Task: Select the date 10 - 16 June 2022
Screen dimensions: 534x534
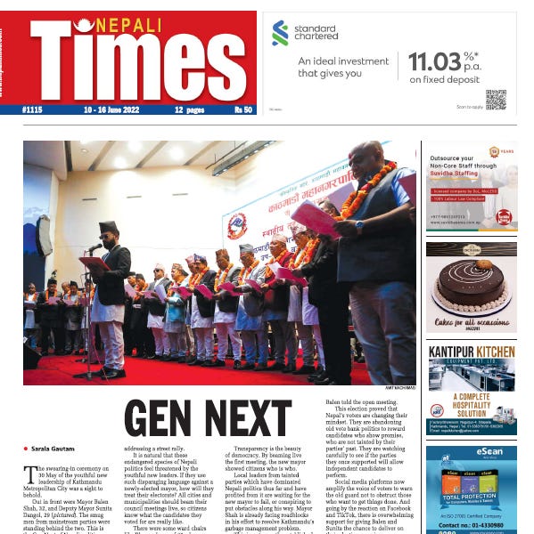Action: (105, 109)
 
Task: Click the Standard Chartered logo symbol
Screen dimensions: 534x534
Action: (281, 33)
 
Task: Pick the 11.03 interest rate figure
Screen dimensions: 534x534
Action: (436, 61)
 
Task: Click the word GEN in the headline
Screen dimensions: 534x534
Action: (162, 420)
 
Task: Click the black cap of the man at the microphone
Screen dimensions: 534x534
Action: (108, 226)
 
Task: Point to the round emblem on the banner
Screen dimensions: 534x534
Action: (237, 227)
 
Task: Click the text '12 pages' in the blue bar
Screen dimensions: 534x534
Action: (189, 109)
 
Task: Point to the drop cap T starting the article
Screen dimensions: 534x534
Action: (31, 474)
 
